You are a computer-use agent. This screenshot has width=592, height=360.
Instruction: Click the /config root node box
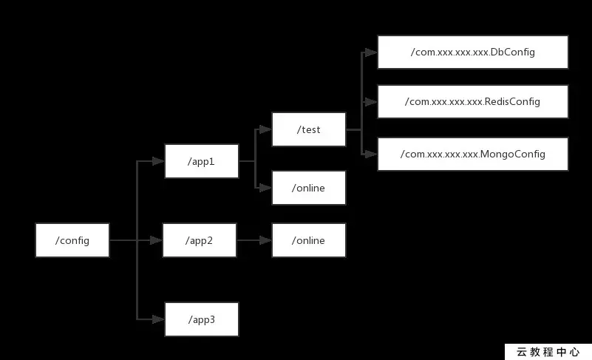(x=72, y=240)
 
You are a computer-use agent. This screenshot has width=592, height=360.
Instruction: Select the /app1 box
(x=201, y=160)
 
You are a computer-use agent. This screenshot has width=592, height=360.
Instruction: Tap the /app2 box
(x=200, y=240)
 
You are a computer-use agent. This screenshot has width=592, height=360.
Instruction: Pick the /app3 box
(x=201, y=320)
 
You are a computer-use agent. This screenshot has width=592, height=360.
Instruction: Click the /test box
(x=308, y=129)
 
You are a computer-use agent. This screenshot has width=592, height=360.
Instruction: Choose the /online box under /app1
(x=308, y=188)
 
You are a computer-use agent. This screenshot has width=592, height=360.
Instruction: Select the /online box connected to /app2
(x=308, y=240)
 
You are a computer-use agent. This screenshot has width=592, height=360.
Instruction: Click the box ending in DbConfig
(x=472, y=52)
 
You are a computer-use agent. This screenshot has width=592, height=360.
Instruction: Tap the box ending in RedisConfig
(x=472, y=101)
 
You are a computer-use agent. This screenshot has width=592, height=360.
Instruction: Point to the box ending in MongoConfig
(x=472, y=154)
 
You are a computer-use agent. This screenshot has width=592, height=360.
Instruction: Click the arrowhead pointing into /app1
(x=158, y=160)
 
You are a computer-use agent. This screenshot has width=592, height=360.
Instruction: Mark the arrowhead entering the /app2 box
(x=157, y=240)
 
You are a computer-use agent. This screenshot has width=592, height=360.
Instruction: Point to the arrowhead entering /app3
(x=158, y=319)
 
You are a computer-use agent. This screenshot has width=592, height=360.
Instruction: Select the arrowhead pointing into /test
(x=266, y=129)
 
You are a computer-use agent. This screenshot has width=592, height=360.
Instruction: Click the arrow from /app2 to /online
(x=254, y=240)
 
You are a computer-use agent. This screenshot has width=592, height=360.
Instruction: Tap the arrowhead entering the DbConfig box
(x=372, y=52)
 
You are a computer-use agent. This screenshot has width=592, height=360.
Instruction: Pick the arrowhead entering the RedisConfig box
(x=372, y=101)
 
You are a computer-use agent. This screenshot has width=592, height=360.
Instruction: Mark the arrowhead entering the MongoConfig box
(x=372, y=154)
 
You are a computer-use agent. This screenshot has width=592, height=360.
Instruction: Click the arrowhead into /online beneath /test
(x=266, y=188)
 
